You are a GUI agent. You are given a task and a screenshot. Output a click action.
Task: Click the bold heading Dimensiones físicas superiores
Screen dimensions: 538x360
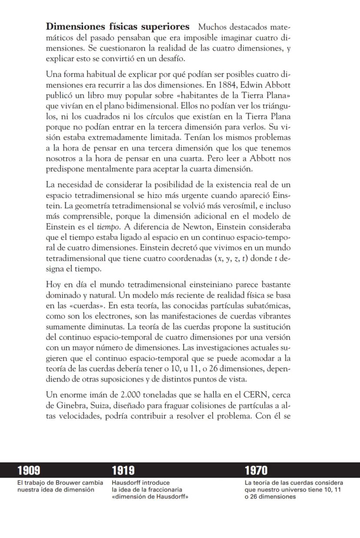pyautogui.click(x=117, y=26)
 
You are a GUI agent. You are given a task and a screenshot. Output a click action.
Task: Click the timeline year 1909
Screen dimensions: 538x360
pyautogui.click(x=29, y=470)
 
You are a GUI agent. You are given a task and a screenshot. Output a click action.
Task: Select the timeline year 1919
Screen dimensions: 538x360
pyautogui.click(x=123, y=470)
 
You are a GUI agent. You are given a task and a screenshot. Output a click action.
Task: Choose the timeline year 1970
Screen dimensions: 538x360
pyautogui.click(x=256, y=470)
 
